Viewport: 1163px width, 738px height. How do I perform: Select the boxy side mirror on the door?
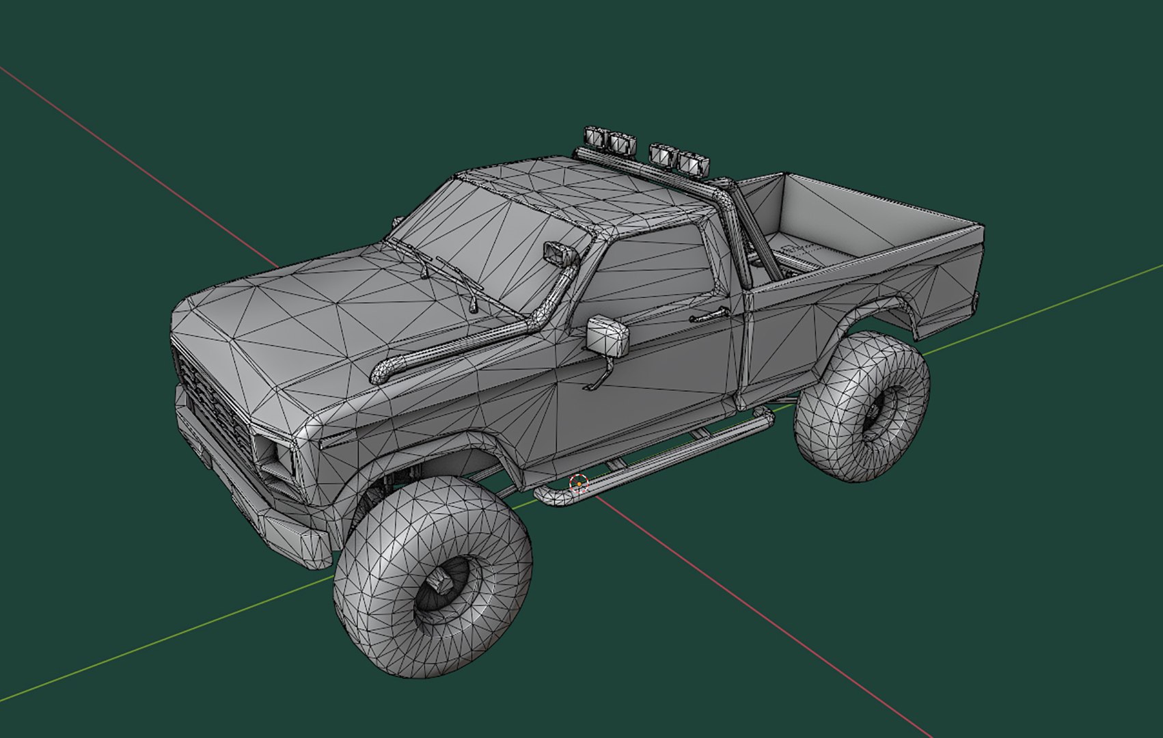pyautogui.click(x=607, y=336)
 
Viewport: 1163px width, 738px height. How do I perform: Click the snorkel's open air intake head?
pyautogui.click(x=560, y=255)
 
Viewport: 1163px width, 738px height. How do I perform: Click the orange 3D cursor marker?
pyautogui.click(x=579, y=484)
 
